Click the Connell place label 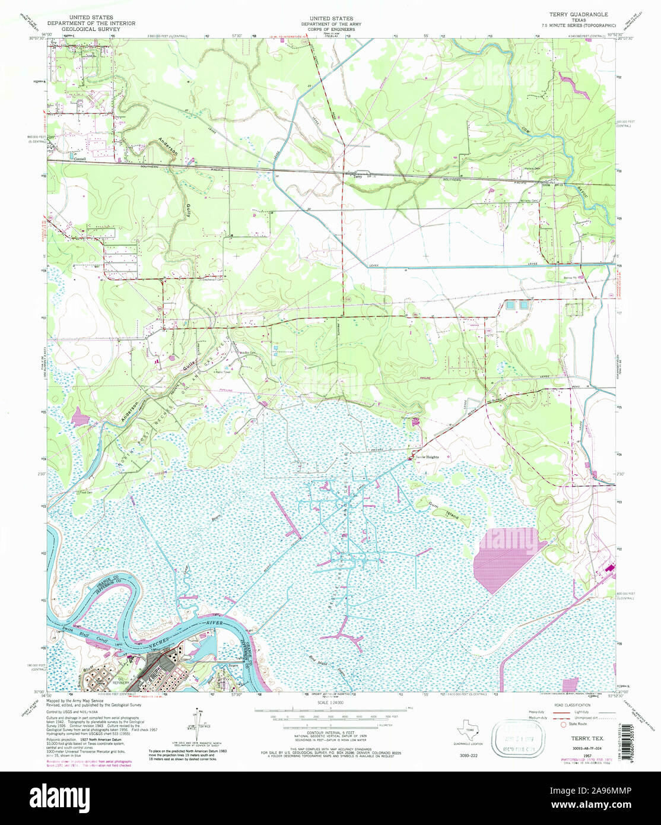click(x=80, y=158)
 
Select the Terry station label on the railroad click(x=357, y=175)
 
